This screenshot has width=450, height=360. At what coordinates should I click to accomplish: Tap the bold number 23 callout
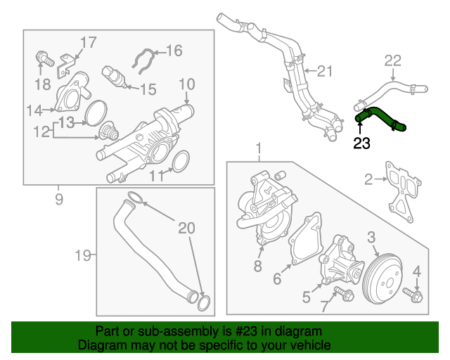(x=361, y=144)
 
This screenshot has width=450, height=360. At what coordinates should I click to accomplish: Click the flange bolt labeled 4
(x=413, y=296)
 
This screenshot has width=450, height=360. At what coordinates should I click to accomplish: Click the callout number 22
(x=392, y=60)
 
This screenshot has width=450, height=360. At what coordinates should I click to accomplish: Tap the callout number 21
(x=323, y=70)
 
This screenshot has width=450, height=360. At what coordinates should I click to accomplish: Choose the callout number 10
(x=186, y=84)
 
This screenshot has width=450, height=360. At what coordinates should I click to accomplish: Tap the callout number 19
(x=83, y=255)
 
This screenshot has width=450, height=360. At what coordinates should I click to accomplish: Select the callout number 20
(x=186, y=227)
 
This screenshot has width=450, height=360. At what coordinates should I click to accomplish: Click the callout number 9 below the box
(x=58, y=200)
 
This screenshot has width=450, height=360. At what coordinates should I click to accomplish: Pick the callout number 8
(x=257, y=266)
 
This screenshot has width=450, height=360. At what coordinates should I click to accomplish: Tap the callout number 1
(x=258, y=149)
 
